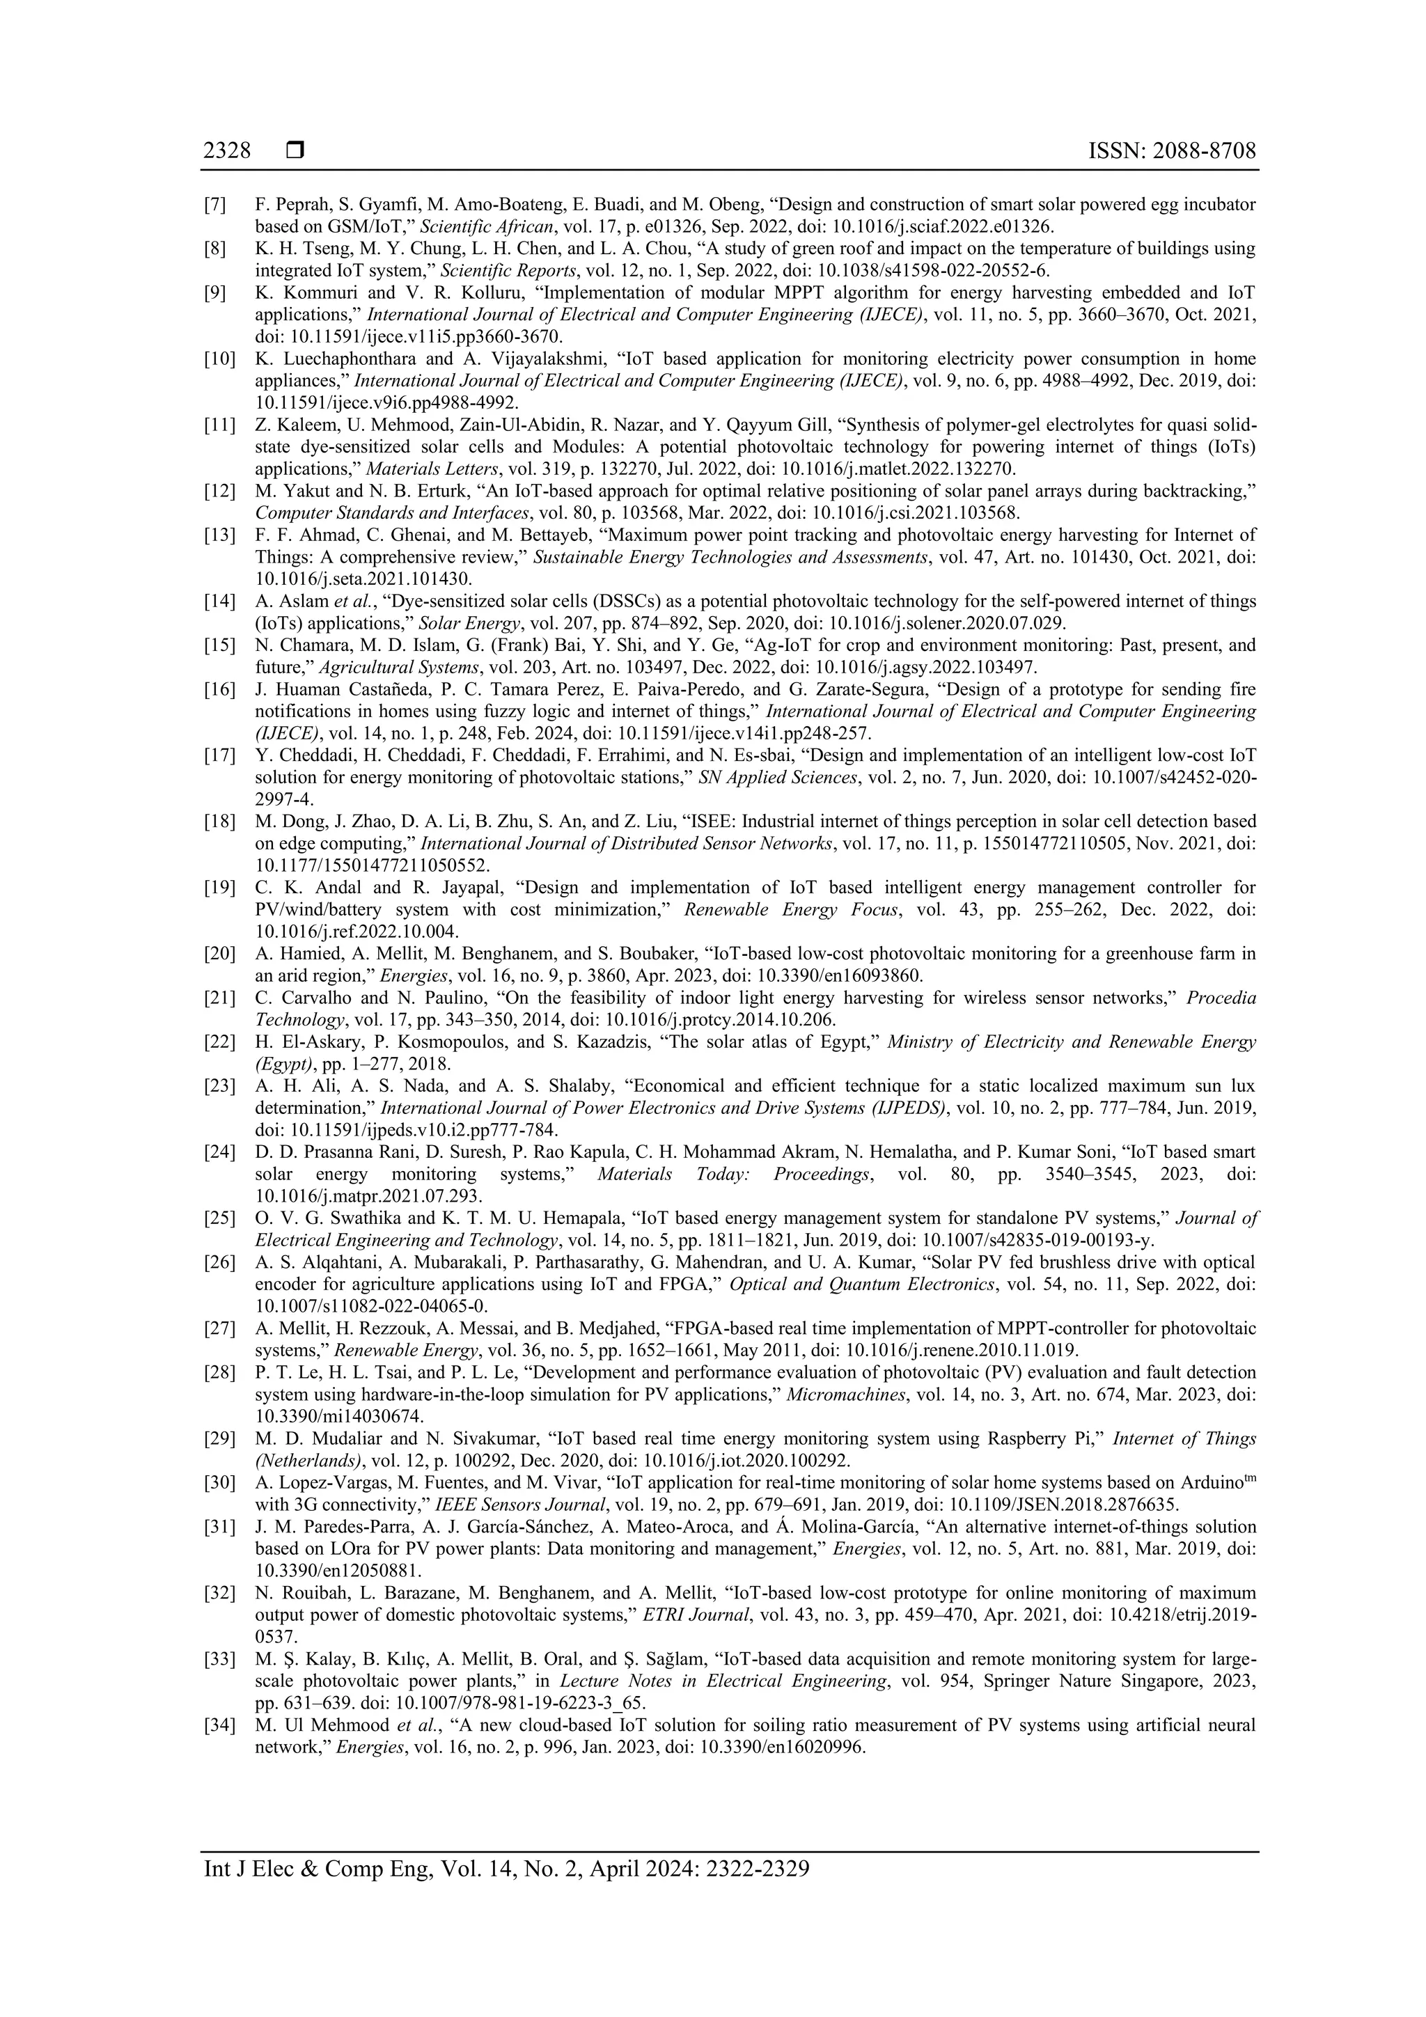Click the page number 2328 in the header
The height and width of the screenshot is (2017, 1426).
point(227,151)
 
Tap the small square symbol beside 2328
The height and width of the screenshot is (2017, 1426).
point(295,151)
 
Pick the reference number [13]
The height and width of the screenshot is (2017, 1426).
point(219,535)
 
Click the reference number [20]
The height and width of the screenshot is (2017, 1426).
point(219,954)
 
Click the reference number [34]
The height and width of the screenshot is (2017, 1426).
point(219,1725)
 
